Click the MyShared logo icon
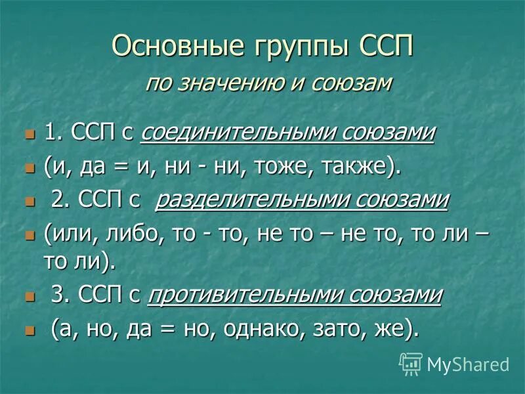[x=411, y=362]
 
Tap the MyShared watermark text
[x=467, y=363]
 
